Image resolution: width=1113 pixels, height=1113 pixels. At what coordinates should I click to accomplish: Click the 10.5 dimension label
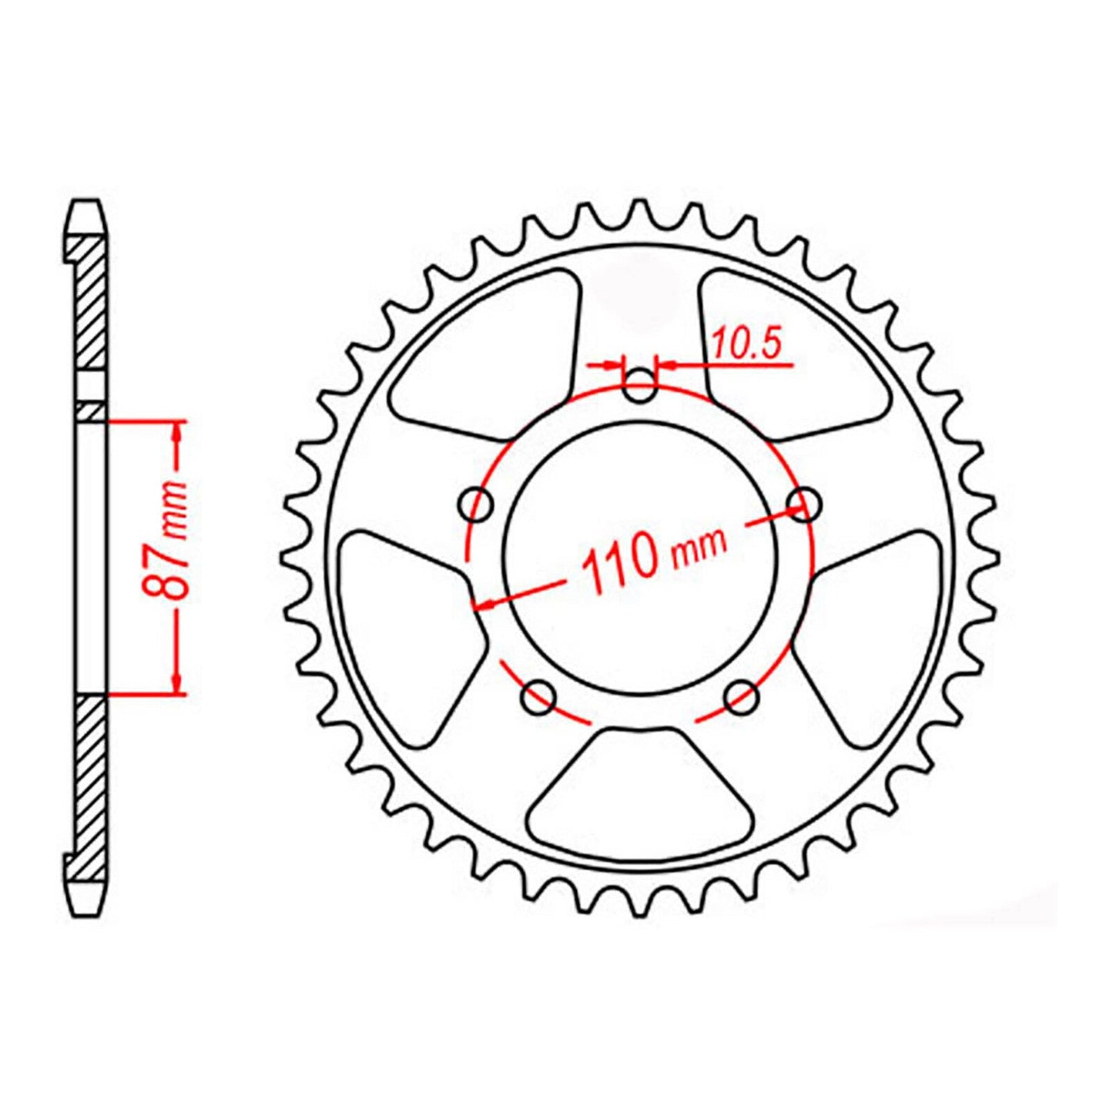[x=745, y=344]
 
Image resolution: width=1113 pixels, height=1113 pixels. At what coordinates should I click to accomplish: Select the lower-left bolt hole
[x=538, y=699]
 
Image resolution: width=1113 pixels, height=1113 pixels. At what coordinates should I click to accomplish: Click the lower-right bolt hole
[x=743, y=698]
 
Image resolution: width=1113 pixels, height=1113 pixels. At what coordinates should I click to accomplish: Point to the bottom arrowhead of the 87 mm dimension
[x=177, y=684]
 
